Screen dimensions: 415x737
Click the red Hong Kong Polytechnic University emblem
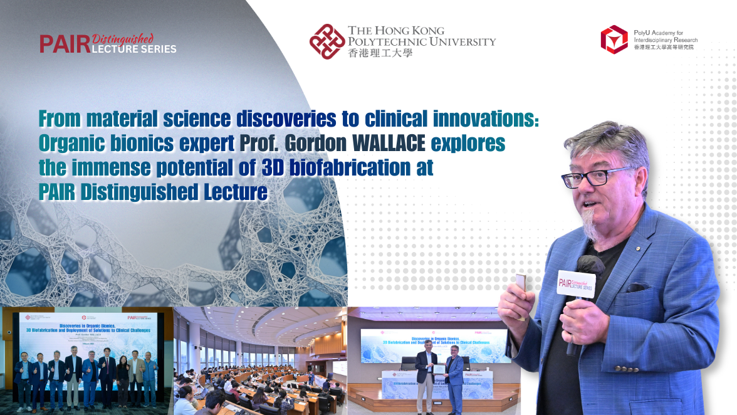tap(326, 41)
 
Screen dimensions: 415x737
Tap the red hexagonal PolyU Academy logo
tap(614, 39)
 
